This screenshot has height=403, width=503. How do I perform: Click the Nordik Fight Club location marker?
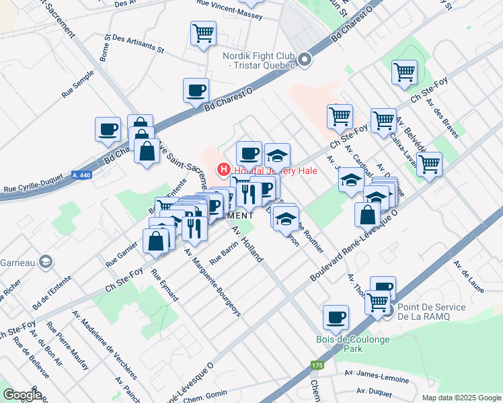click(305, 60)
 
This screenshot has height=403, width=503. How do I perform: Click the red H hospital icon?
click(223, 171)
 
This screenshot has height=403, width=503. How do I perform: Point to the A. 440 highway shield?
click(81, 175)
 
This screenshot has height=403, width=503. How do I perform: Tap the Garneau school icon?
click(45, 261)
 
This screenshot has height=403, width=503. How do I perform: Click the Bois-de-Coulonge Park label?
click(343, 344)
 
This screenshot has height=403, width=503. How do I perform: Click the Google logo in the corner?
click(22, 395)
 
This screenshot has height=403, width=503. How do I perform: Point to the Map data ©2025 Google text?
click(461, 398)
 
